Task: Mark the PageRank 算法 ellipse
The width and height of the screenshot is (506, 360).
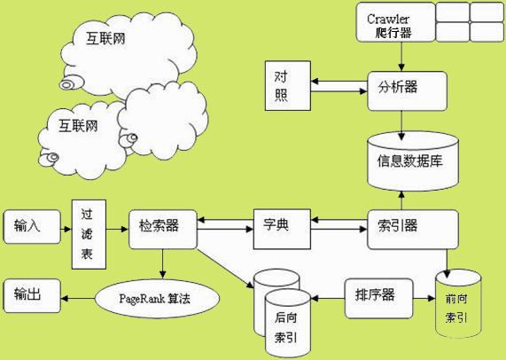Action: pos(156,299)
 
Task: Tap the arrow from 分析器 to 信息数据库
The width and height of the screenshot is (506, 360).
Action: pos(403,119)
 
